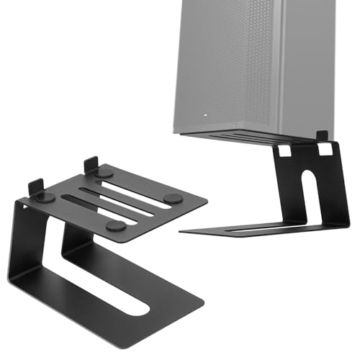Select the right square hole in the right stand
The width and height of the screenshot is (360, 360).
pyautogui.click(x=326, y=149)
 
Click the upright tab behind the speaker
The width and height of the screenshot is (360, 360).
pyautogui.click(x=322, y=135)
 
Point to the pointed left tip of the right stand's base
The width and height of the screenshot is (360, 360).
pyautogui.click(x=182, y=232)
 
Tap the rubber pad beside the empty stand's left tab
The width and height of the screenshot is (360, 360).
pyautogui.click(x=45, y=197)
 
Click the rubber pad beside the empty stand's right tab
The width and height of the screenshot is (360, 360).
pyautogui.click(x=104, y=174)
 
